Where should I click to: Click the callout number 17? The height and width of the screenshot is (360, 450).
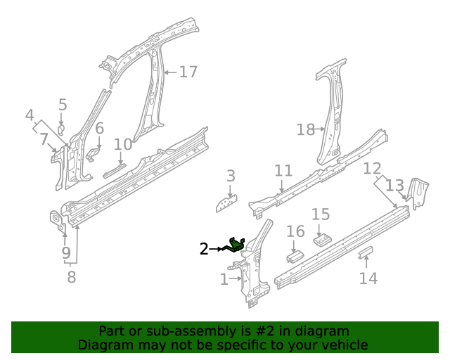tap(188, 72)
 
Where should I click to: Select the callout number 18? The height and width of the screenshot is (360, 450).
tap(306, 129)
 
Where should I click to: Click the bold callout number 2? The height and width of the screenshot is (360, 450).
tap(204, 248)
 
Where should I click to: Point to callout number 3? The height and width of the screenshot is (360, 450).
tap(231, 176)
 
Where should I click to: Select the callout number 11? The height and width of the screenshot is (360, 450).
tap(283, 171)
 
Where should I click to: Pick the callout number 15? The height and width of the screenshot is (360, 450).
tap(321, 214)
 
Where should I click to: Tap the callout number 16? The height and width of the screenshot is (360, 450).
tap(295, 231)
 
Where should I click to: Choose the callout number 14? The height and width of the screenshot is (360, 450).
tap(368, 278)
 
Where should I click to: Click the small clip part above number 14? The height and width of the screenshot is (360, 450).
tap(366, 252)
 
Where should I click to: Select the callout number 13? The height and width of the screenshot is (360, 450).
tap(395, 186)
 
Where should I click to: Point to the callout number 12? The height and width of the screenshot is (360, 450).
tap(372, 169)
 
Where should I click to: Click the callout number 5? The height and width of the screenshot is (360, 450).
tap(63, 105)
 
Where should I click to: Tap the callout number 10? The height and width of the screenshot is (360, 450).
tap(123, 145)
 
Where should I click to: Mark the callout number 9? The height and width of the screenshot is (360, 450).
tap(65, 252)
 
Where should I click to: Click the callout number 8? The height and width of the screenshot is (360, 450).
tap(71, 277)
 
